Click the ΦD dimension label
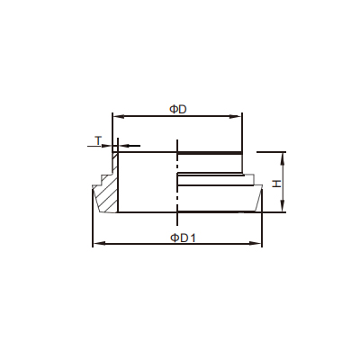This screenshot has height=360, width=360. point(178,110)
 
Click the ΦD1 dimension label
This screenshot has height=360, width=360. point(183,238)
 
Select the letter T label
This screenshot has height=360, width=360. point(98,140)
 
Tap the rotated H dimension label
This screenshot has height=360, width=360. point(276,184)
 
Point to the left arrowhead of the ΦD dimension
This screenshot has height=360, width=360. point(117,116)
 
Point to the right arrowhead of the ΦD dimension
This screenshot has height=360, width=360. point(236,116)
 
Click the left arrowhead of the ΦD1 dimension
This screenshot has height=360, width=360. point(98,243)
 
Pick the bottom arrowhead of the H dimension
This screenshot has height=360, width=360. point(282,207)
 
